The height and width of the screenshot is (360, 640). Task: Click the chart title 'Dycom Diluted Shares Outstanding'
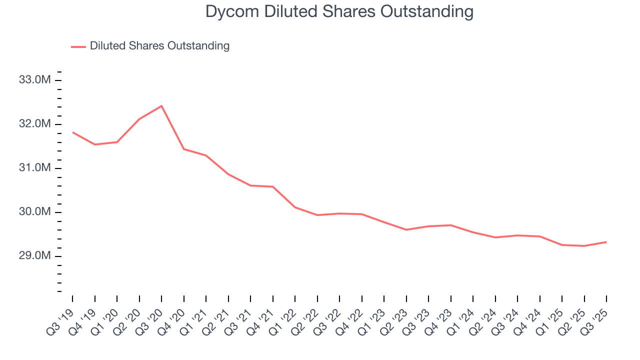coord(339,11)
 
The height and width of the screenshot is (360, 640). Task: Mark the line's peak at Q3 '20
coord(161,106)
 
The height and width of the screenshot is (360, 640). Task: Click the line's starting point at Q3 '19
coord(72,132)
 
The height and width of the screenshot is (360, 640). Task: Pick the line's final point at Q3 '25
coord(606,242)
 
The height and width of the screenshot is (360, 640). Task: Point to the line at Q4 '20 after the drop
coord(184,149)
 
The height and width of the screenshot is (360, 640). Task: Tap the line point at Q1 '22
coord(295,207)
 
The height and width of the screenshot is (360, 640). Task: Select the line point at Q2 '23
coord(406,230)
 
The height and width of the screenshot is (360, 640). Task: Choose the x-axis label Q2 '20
coord(127,321)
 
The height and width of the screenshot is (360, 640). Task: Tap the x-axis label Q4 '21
coord(261,321)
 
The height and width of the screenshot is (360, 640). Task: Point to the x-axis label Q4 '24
coord(528,321)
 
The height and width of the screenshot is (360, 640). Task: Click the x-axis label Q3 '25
coord(595,321)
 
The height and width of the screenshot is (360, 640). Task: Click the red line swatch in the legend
coord(78,46)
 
